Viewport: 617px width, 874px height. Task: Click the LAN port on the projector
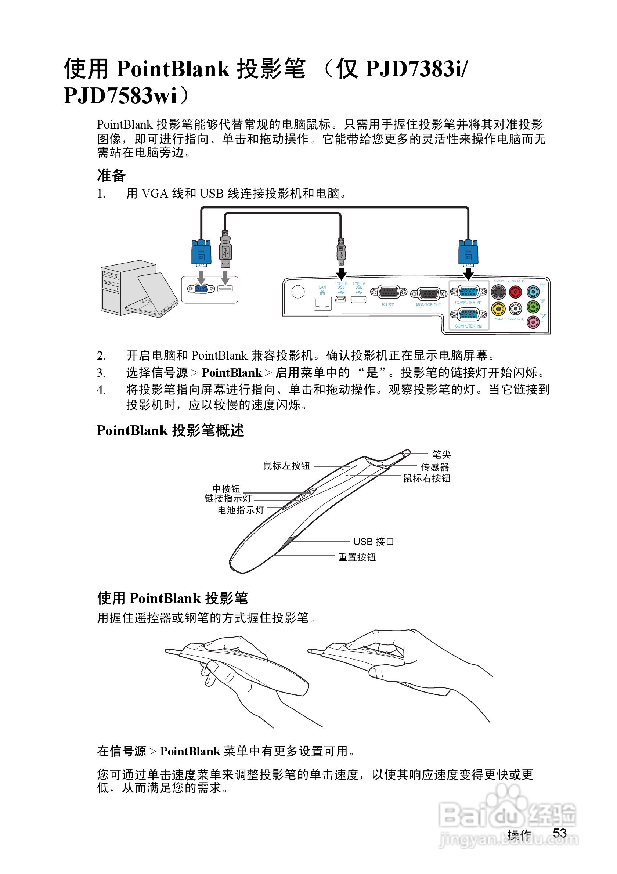pyautogui.click(x=322, y=303)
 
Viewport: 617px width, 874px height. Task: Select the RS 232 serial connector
pyautogui.click(x=388, y=292)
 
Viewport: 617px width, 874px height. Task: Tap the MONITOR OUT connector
pyautogui.click(x=429, y=294)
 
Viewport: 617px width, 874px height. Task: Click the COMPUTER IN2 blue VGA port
pyautogui.click(x=468, y=314)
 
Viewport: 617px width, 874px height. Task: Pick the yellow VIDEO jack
pyautogui.click(x=498, y=309)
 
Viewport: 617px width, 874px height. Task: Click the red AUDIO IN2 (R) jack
pyautogui.click(x=515, y=292)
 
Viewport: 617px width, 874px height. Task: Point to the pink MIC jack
pyautogui.click(x=533, y=322)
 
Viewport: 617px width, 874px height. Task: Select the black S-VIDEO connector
pyautogui.click(x=498, y=292)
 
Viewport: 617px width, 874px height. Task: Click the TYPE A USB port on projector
pyautogui.click(x=358, y=300)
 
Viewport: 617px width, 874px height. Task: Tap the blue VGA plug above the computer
pyautogui.click(x=201, y=252)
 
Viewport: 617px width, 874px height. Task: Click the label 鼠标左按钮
pyautogui.click(x=286, y=466)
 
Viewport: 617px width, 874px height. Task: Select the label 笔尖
pyautogui.click(x=441, y=454)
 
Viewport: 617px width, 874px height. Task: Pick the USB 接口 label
pyautogui.click(x=374, y=541)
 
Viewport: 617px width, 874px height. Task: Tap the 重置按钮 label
pyautogui.click(x=357, y=557)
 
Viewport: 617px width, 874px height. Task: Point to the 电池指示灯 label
pyautogui.click(x=241, y=510)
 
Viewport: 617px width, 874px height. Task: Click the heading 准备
pyautogui.click(x=111, y=176)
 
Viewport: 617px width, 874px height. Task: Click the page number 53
pyautogui.click(x=560, y=833)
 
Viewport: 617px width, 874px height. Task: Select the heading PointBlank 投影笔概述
pyautogui.click(x=170, y=430)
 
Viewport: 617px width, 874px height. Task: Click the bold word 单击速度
pyautogui.click(x=171, y=774)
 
